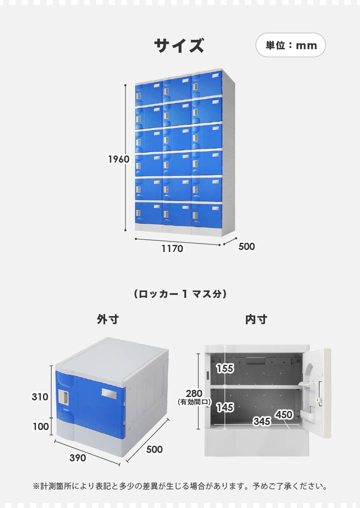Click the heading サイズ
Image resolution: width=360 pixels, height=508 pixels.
tap(179, 45)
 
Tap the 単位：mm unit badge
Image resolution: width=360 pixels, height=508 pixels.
tap(290, 45)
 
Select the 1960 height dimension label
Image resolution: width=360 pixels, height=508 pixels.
tap(119, 159)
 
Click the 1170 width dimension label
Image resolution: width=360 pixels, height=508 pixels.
tap(172, 249)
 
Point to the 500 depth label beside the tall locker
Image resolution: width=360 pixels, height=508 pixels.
tap(246, 247)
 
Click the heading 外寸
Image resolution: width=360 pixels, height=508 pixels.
tap(108, 319)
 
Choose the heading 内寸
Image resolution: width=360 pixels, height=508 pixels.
tap(256, 319)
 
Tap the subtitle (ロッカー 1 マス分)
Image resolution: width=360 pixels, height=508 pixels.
tap(180, 294)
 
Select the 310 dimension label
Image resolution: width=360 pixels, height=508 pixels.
tap(40, 397)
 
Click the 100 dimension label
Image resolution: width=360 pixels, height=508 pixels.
tap(41, 426)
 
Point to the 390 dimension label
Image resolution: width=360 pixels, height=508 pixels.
tap(78, 458)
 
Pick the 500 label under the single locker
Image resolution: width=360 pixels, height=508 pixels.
tap(154, 450)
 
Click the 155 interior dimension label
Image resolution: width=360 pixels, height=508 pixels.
tap(225, 368)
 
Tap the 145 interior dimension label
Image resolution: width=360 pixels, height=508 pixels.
tap(225, 407)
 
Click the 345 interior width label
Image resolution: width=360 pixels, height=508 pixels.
tap(262, 421)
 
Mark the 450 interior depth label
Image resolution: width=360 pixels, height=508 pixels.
tap(284, 414)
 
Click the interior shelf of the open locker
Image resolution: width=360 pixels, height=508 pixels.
tap(256, 387)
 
